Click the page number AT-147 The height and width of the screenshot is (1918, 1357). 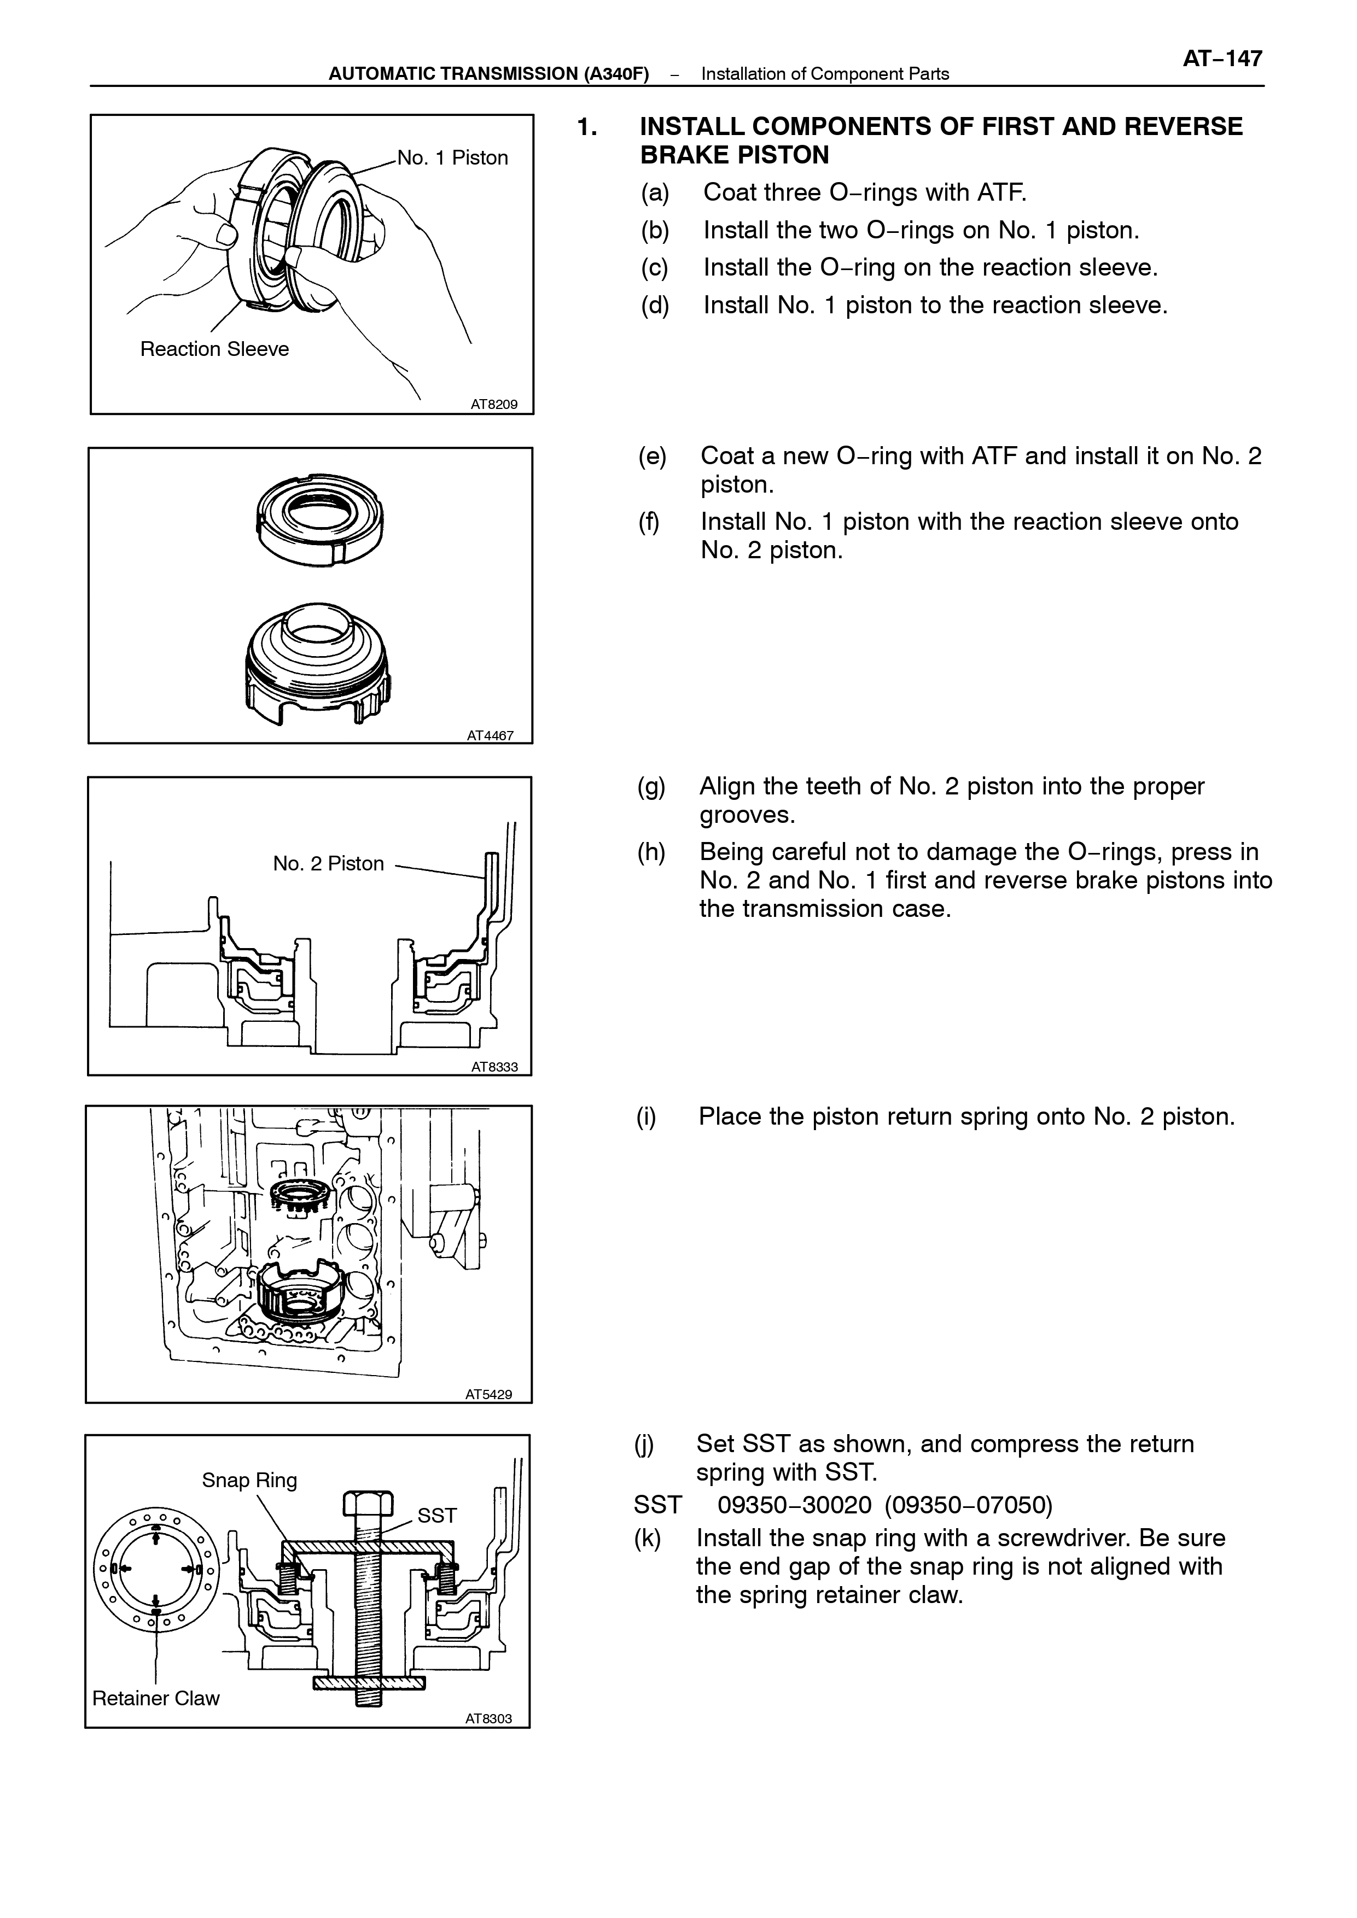click(1222, 59)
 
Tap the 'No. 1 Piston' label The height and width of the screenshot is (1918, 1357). click(452, 158)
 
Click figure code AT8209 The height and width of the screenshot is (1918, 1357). click(494, 404)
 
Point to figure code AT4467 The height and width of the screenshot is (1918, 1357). click(491, 736)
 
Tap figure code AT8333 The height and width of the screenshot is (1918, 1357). click(494, 1067)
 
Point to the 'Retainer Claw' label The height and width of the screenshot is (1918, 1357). click(156, 1698)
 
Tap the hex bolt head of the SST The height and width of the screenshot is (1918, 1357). click(368, 1505)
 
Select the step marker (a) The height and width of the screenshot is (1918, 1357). click(655, 193)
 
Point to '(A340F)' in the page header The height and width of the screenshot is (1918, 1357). click(616, 73)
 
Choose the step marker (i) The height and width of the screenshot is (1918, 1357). click(646, 1117)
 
